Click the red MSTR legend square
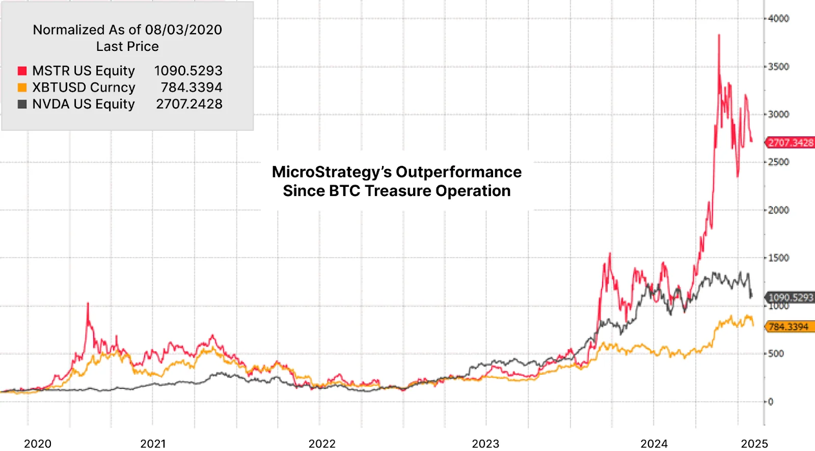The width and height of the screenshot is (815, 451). pyautogui.click(x=22, y=71)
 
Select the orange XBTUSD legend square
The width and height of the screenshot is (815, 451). pyautogui.click(x=22, y=88)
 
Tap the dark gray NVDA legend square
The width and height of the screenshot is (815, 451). pyautogui.click(x=22, y=104)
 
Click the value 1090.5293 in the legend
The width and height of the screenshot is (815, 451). pyautogui.click(x=188, y=71)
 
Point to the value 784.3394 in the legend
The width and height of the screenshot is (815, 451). pyautogui.click(x=191, y=88)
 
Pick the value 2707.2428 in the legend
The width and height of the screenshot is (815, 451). pyautogui.click(x=189, y=104)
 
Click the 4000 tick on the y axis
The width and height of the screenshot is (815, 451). pyautogui.click(x=778, y=19)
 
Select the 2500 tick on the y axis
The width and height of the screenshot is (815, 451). pyautogui.click(x=778, y=162)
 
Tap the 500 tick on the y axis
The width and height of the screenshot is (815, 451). pyautogui.click(x=776, y=354)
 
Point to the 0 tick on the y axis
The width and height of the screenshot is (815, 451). pyautogui.click(x=771, y=402)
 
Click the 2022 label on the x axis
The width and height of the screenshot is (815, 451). pyautogui.click(x=322, y=443)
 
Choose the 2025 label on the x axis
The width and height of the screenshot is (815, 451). pyautogui.click(x=754, y=443)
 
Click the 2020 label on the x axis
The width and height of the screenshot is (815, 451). pyautogui.click(x=38, y=443)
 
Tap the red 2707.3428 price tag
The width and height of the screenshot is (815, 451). pyautogui.click(x=790, y=143)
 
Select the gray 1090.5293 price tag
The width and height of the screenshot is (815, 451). pyautogui.click(x=790, y=297)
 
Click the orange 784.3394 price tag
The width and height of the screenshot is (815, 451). pyautogui.click(x=789, y=327)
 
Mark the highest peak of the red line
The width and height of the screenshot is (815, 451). pyautogui.click(x=719, y=35)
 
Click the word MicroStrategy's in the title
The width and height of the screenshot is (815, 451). pyautogui.click(x=331, y=172)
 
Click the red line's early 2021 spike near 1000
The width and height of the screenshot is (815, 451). pyautogui.click(x=88, y=304)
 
